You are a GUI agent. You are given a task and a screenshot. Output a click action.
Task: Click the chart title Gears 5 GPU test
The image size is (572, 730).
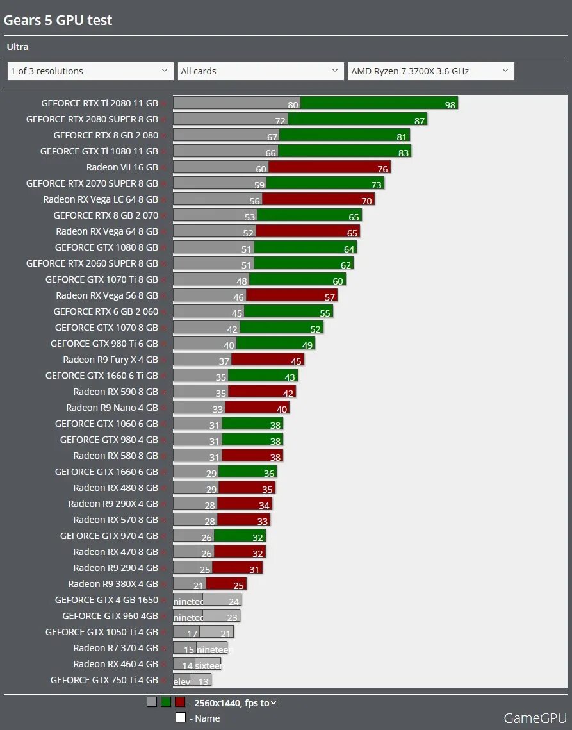(58, 21)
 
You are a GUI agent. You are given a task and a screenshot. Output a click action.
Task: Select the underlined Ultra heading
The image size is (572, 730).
(17, 47)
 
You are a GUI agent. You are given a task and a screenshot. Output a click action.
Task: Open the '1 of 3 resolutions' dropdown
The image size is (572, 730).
(90, 71)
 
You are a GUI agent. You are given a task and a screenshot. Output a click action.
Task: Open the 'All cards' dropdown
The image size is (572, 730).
(261, 71)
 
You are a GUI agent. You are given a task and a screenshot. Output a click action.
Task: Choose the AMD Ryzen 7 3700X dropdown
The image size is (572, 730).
(431, 71)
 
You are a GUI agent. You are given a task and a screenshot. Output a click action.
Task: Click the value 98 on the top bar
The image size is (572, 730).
(450, 104)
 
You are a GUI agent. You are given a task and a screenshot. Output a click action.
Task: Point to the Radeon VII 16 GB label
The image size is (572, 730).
(122, 167)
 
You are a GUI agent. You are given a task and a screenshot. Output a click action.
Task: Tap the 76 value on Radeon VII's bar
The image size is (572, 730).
(383, 169)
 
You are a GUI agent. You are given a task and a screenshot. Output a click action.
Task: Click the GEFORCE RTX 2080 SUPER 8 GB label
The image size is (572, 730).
(92, 119)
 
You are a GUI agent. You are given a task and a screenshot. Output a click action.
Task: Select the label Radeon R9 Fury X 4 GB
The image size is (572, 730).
(110, 360)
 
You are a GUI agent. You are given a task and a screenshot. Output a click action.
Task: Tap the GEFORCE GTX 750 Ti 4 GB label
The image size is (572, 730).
(104, 680)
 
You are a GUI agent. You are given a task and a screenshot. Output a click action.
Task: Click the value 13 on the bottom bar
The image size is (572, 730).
(203, 682)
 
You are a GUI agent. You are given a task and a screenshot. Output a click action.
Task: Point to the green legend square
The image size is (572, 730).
(165, 702)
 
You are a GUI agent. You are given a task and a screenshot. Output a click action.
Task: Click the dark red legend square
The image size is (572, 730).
(179, 702)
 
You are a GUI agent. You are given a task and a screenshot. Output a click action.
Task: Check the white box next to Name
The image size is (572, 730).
(181, 718)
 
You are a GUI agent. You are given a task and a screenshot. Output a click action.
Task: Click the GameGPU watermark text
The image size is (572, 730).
(535, 718)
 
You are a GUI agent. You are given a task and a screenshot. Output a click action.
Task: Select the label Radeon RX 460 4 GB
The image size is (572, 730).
(116, 664)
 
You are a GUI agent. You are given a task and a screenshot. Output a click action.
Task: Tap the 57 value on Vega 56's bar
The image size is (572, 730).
(330, 297)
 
